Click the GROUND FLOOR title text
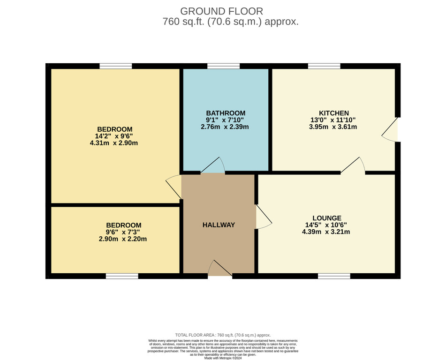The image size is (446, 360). [221, 11]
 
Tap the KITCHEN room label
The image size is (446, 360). [333, 113]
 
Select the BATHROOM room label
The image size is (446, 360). [226, 113]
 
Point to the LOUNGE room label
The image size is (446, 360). [327, 218]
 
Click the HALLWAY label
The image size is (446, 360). [219, 225]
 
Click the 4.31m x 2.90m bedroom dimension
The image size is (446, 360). [114, 143]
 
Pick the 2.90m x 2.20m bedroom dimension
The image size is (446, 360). [123, 239]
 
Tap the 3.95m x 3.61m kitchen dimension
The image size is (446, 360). [333, 127]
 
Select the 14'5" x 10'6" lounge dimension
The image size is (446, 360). [326, 225]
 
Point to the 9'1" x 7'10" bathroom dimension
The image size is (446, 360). [225, 120]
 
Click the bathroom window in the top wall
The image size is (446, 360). [224, 66]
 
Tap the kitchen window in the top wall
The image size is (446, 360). [324, 66]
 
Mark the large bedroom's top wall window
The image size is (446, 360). [116, 66]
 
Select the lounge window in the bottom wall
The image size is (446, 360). [334, 276]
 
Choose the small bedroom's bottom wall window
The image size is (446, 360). [122, 276]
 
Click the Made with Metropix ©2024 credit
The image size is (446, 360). [223, 358]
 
